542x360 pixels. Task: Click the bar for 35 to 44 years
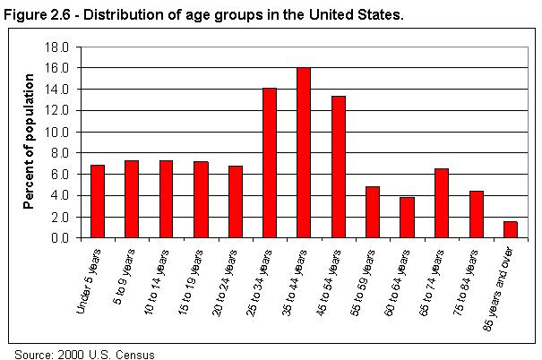(x=304, y=153)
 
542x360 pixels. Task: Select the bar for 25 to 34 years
(x=269, y=163)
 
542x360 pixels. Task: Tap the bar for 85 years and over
(x=510, y=229)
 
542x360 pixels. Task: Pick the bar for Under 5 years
(x=97, y=201)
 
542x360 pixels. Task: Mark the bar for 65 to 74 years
(x=442, y=203)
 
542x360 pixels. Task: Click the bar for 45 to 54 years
(x=338, y=167)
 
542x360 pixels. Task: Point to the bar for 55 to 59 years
(x=373, y=212)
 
